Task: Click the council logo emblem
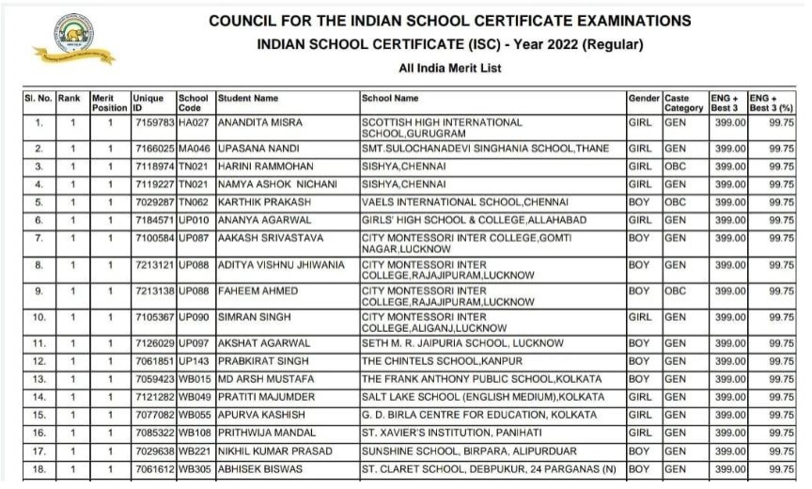click(71, 39)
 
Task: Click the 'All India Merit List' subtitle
click(450, 69)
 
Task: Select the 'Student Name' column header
click(248, 98)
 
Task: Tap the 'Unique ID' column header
click(148, 103)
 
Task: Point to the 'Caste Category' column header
click(683, 103)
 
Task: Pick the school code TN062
click(194, 202)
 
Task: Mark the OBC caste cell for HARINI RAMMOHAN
click(676, 166)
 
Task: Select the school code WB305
click(194, 467)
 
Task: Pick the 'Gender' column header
click(644, 98)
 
